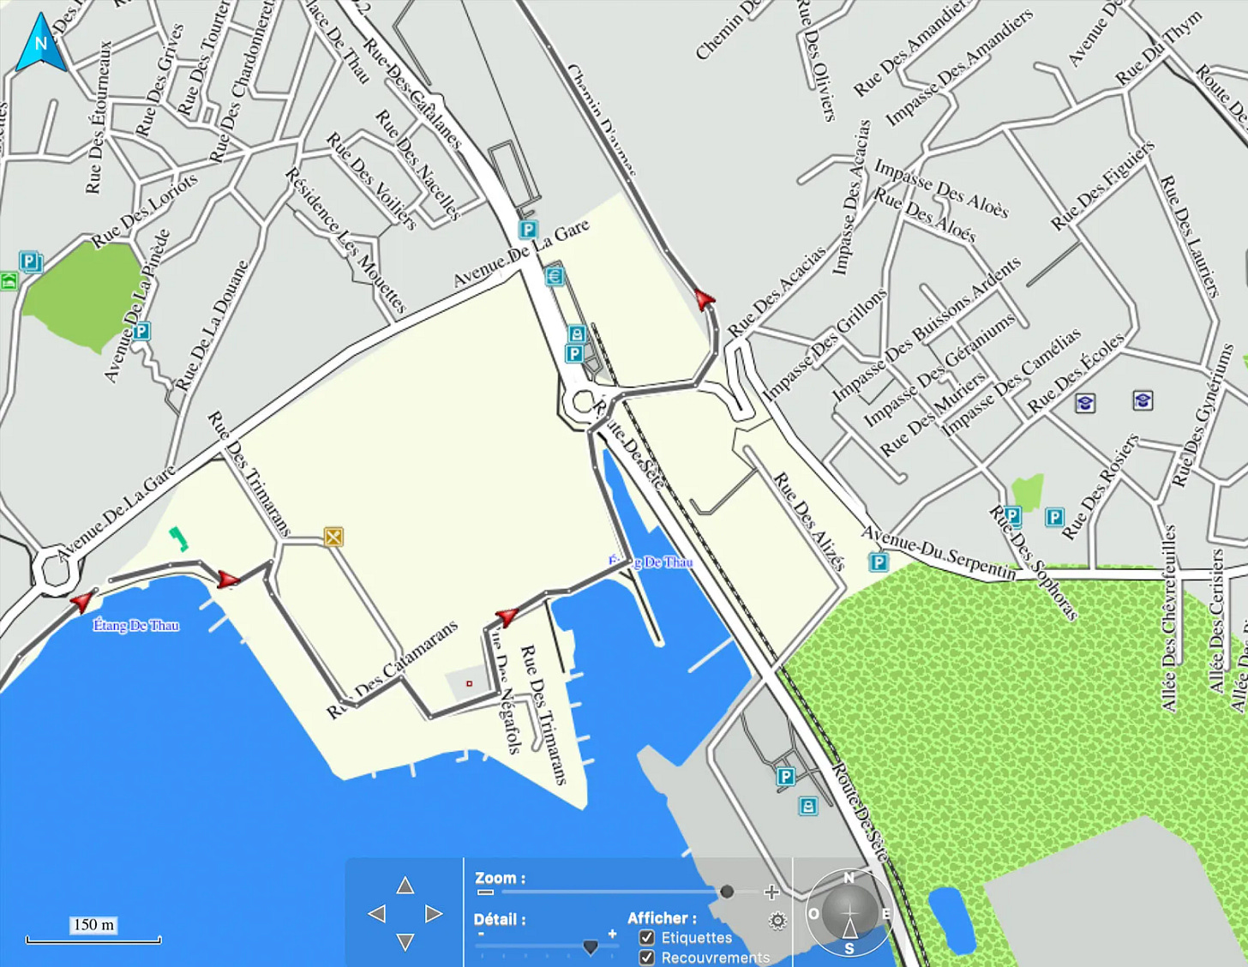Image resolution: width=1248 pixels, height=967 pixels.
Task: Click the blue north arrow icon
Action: (x=40, y=43)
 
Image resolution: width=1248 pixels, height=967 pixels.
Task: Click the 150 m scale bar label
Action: (x=93, y=925)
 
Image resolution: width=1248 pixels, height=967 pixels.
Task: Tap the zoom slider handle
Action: (x=727, y=892)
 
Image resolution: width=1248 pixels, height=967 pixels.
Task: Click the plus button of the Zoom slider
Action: (x=771, y=892)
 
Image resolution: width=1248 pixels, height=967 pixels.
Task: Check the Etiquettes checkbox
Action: (x=647, y=938)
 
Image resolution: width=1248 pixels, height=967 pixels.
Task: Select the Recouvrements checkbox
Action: (x=647, y=957)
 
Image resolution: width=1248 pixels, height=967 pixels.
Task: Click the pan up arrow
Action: (x=405, y=886)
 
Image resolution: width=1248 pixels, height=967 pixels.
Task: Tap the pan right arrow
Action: (x=434, y=914)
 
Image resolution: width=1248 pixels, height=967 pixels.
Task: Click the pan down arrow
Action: (x=405, y=942)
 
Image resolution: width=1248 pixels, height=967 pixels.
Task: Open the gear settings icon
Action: (x=777, y=921)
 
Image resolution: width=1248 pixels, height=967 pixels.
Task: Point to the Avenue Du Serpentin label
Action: (x=938, y=552)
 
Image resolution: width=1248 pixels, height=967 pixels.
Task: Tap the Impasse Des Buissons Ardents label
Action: (x=926, y=330)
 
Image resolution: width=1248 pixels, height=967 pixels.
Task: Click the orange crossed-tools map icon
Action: (x=333, y=537)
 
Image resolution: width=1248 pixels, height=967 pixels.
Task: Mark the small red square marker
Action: (x=469, y=683)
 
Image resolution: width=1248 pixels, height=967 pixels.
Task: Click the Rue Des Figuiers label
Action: (x=1102, y=186)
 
